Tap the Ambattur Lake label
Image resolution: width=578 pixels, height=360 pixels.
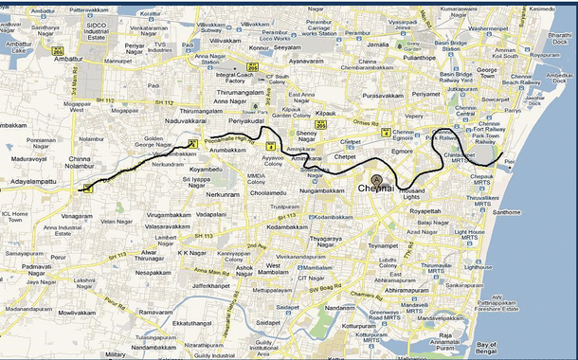pyautogui.click(x=17, y=48)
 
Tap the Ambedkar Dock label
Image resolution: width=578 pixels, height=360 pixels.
pyautogui.click(x=560, y=78)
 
